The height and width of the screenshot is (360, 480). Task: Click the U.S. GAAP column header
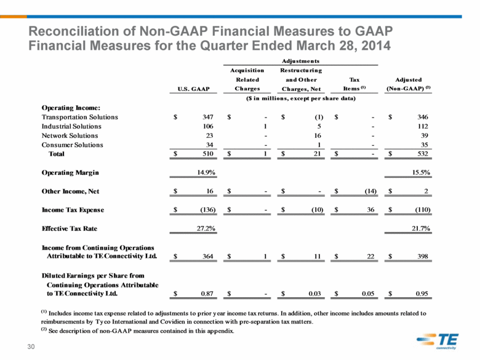pyautogui.click(x=193, y=89)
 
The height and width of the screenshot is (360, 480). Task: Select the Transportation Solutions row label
pyautogui.click(x=79, y=117)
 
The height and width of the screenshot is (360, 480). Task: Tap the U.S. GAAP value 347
pyautogui.click(x=208, y=117)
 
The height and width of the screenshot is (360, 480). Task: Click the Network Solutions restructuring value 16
pyautogui.click(x=318, y=135)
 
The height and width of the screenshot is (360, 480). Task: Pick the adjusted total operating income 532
pyautogui.click(x=423, y=154)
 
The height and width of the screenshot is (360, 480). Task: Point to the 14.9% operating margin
pyautogui.click(x=206, y=172)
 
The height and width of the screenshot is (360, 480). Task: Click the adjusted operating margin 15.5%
pyautogui.click(x=421, y=172)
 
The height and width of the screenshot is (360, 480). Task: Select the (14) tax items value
pyautogui.click(x=370, y=191)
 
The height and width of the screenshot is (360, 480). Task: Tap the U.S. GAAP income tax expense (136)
pyautogui.click(x=208, y=210)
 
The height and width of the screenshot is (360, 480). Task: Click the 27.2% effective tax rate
pyautogui.click(x=206, y=228)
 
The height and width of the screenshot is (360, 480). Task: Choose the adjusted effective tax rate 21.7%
pyautogui.click(x=421, y=228)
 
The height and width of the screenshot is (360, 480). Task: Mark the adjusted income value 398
pyautogui.click(x=423, y=256)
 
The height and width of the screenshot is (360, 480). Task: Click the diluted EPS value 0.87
pyautogui.click(x=207, y=294)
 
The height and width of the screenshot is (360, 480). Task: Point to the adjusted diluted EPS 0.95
pyautogui.click(x=422, y=294)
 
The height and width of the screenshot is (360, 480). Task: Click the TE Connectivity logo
pyautogui.click(x=438, y=341)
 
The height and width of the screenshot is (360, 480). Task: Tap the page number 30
pyautogui.click(x=31, y=346)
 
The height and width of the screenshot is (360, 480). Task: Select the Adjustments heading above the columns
pyautogui.click(x=300, y=61)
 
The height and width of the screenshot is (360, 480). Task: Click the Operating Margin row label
pyautogui.click(x=70, y=173)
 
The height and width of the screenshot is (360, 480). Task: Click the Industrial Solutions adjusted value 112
pyautogui.click(x=423, y=126)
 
